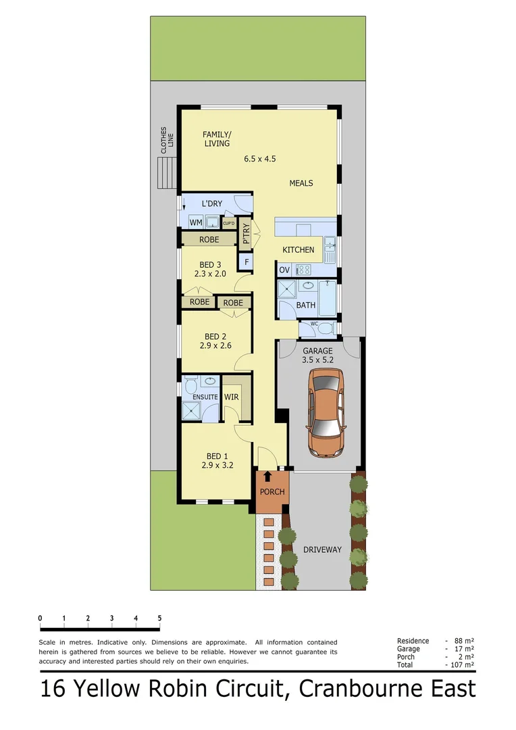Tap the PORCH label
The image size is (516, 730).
(272, 491)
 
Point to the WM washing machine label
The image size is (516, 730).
(195, 222)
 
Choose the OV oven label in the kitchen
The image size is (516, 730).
(284, 270)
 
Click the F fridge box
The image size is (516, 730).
(247, 262)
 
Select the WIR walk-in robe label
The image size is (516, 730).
(231, 397)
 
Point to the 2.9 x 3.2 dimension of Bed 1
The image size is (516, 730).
(217, 465)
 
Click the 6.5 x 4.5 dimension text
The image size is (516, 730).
(261, 160)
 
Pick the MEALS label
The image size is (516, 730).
(301, 183)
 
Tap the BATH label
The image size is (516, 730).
(306, 306)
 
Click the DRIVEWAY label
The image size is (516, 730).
(322, 550)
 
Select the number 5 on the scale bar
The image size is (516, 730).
(159, 618)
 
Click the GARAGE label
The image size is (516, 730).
(317, 351)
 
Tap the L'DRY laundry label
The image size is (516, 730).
(211, 203)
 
